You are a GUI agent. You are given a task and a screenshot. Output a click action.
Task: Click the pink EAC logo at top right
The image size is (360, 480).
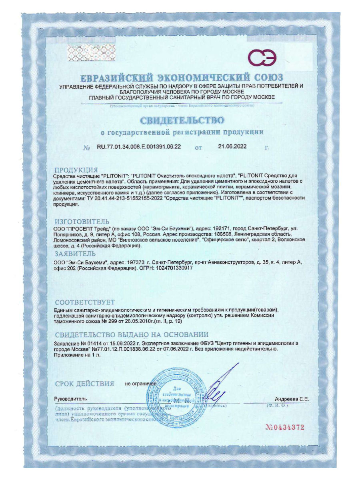[x=262, y=58]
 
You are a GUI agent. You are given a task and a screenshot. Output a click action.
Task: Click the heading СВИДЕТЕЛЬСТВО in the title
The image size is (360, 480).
[x=181, y=120]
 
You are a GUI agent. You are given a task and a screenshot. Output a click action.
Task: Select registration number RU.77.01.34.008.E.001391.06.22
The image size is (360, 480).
[x=139, y=147]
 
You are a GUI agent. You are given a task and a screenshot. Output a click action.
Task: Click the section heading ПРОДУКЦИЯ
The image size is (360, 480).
[x=76, y=170]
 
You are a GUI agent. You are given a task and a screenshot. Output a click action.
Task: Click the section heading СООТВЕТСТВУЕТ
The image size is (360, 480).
[x=85, y=302]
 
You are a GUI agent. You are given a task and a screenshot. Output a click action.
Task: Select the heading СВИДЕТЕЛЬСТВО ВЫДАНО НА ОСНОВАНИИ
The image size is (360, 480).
[x=132, y=334]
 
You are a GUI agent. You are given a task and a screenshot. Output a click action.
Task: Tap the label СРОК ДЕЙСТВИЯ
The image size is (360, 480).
[x=84, y=384]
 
